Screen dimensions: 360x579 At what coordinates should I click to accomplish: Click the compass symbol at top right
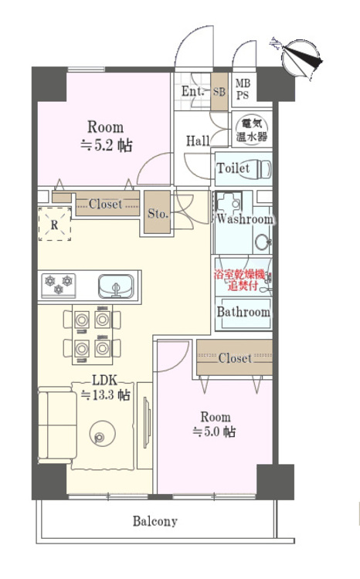click(x=299, y=59)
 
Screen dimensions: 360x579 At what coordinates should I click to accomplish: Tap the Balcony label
click(x=155, y=521)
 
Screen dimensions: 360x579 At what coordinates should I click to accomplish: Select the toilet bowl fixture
click(x=260, y=169)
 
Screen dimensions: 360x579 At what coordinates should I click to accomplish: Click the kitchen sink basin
click(x=116, y=286)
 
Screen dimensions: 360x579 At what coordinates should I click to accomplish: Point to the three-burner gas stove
click(x=59, y=285)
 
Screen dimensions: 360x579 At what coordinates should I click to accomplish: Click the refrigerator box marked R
click(x=55, y=224)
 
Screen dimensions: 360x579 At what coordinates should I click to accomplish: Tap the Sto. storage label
click(x=158, y=213)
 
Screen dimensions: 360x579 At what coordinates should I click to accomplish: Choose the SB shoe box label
click(x=219, y=91)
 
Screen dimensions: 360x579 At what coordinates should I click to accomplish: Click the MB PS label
click(x=243, y=90)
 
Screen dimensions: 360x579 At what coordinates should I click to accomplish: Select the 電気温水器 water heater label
click(x=252, y=130)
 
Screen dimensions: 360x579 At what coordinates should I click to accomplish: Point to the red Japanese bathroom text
click(x=240, y=280)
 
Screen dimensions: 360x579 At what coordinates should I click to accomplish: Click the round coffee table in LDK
click(x=103, y=433)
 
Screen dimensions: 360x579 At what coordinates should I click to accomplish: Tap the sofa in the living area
click(x=57, y=425)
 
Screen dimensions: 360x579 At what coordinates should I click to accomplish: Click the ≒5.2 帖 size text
click(x=107, y=145)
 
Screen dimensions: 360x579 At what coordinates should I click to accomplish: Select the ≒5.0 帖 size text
click(x=214, y=432)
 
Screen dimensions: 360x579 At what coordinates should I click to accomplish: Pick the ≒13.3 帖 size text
click(x=105, y=395)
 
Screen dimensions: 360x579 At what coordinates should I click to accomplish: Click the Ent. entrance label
click(x=192, y=91)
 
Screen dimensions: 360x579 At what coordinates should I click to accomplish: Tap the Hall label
click(x=198, y=141)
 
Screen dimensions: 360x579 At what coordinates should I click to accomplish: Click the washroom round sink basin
click(x=262, y=242)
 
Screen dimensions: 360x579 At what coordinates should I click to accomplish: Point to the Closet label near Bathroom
click(x=235, y=357)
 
